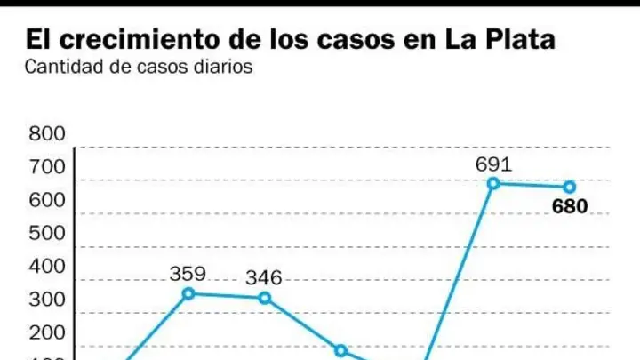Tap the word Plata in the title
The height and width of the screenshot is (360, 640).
point(520,40)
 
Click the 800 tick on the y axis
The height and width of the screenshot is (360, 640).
point(47,134)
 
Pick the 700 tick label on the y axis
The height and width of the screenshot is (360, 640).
point(47,167)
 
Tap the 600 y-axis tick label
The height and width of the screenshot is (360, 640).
point(47,200)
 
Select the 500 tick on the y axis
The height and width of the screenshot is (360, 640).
point(47,234)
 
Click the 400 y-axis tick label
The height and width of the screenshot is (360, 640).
point(47,267)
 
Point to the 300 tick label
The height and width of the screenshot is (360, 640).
point(47,300)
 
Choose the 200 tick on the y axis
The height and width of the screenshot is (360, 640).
point(47,333)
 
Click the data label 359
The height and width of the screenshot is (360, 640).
point(188,274)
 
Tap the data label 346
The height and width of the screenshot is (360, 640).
point(264,278)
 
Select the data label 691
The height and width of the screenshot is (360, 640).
point(493,164)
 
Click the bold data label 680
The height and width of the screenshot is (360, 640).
point(570,206)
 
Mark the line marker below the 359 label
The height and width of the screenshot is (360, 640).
point(188,293)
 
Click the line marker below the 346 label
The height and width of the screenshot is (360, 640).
point(265,298)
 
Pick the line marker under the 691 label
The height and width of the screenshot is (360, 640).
point(493,184)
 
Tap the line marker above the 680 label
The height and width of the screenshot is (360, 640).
point(570,188)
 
